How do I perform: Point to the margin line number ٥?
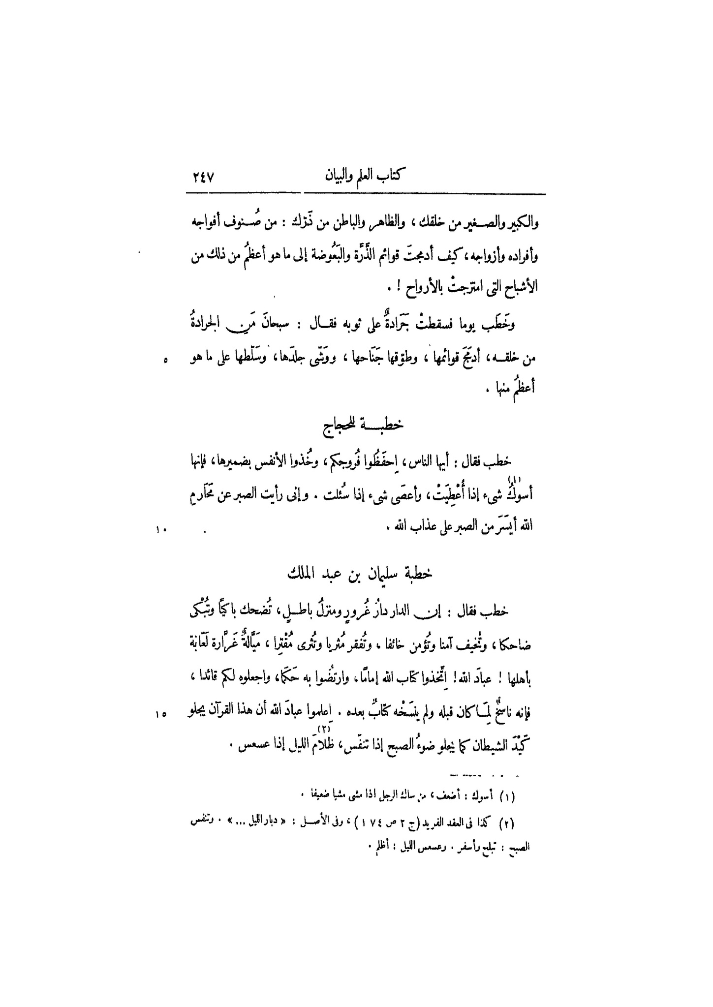coord(165,361)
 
